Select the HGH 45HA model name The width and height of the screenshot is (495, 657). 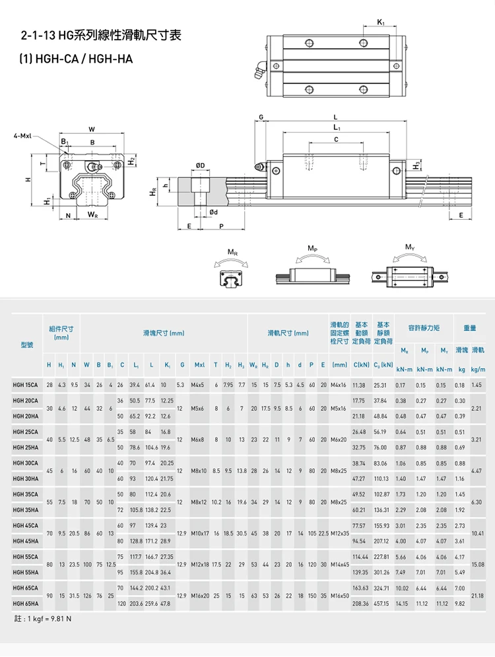25,541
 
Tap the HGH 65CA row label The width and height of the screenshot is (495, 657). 25,587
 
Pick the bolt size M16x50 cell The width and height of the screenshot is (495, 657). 340,595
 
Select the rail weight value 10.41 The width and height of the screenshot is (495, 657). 478,533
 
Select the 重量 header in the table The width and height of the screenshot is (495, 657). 469,328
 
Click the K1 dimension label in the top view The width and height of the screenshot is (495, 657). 381,23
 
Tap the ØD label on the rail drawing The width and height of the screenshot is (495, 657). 201,164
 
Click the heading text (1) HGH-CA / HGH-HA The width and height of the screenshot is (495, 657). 76,59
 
